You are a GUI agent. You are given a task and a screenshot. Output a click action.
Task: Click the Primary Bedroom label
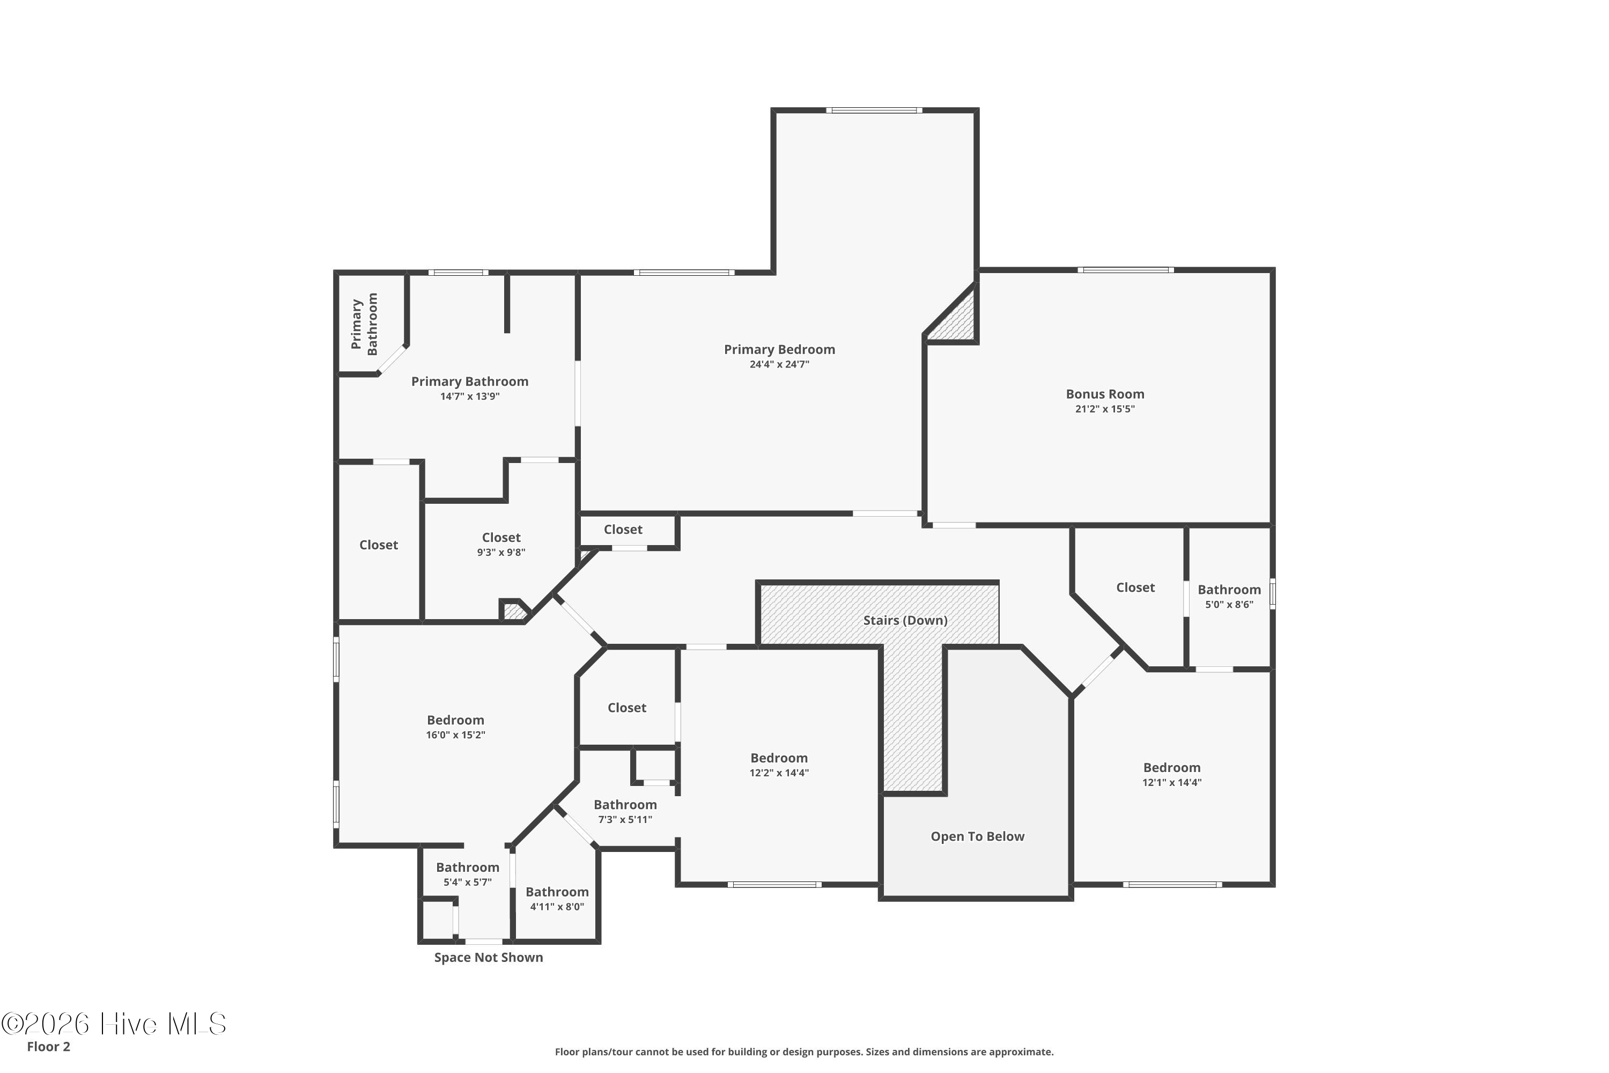779,350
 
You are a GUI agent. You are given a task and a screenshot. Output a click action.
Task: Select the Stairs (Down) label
905,621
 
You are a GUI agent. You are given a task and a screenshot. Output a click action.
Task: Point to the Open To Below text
978,836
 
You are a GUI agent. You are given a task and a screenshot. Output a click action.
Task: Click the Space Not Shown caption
489,957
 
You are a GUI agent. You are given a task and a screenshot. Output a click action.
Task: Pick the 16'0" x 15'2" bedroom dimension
455,735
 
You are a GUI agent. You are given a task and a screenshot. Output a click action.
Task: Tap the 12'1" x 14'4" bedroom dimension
1172,782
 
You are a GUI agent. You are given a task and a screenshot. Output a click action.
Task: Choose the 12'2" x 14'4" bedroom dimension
779,773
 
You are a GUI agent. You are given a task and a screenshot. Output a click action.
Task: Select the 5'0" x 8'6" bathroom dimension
1229,604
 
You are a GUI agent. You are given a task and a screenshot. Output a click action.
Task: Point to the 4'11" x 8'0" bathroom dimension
557,907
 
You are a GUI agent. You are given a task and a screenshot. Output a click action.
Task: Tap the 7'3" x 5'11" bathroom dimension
625,819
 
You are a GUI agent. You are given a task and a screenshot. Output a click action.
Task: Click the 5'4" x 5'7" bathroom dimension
468,882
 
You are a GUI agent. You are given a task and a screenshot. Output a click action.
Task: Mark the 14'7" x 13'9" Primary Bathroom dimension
470,396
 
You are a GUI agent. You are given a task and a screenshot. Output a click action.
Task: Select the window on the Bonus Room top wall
1126,270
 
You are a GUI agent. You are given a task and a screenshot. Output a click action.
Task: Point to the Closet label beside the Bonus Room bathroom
1135,588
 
